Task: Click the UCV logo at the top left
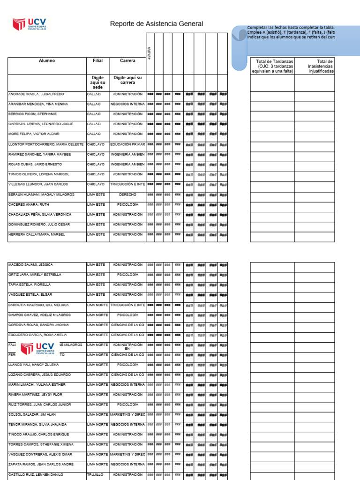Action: (x=32, y=24)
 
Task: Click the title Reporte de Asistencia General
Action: (x=157, y=24)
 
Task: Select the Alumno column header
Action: (x=47, y=61)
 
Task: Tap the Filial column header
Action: (x=97, y=61)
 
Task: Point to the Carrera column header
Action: (x=127, y=61)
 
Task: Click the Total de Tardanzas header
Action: (x=272, y=66)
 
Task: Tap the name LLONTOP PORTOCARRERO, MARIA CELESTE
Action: (x=46, y=144)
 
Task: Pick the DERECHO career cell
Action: (x=127, y=195)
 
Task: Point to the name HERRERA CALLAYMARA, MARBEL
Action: (x=37, y=234)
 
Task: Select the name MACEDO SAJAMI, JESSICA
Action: (x=30, y=265)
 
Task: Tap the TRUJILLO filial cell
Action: (x=96, y=475)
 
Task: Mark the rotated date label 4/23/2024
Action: (x=149, y=52)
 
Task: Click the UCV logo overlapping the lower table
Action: (x=38, y=349)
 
